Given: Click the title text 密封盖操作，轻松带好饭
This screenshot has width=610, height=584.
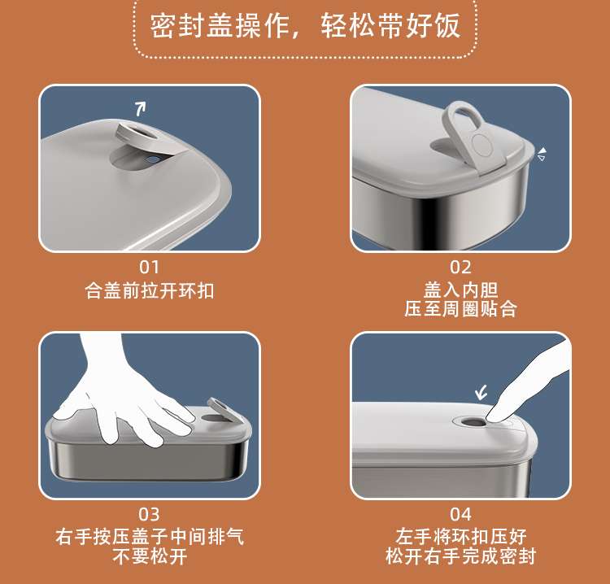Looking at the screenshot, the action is [x=305, y=26].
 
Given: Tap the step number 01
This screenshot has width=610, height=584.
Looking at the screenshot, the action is [x=150, y=268].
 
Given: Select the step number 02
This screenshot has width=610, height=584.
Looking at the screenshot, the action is [x=460, y=268].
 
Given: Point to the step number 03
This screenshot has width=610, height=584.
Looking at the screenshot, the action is [x=149, y=514].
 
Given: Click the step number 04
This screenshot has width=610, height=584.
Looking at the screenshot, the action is [x=460, y=514].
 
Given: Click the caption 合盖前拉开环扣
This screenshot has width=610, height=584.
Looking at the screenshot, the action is [x=150, y=290].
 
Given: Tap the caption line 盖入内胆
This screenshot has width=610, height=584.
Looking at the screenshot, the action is [x=460, y=290].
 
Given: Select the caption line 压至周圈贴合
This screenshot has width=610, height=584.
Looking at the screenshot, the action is [x=460, y=309].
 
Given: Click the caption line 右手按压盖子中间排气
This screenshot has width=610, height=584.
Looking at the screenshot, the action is [x=150, y=537].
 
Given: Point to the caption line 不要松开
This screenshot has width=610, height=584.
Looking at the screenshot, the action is [x=150, y=556].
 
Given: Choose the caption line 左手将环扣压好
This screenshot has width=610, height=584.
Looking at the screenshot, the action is [x=460, y=537].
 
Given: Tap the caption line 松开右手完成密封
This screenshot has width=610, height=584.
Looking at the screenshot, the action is [x=460, y=556].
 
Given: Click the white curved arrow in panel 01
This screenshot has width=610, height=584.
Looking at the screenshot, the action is [x=141, y=108].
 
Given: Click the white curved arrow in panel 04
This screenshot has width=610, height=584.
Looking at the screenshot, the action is [x=481, y=393].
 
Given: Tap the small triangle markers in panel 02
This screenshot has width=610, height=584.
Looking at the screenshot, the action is [x=542, y=154].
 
